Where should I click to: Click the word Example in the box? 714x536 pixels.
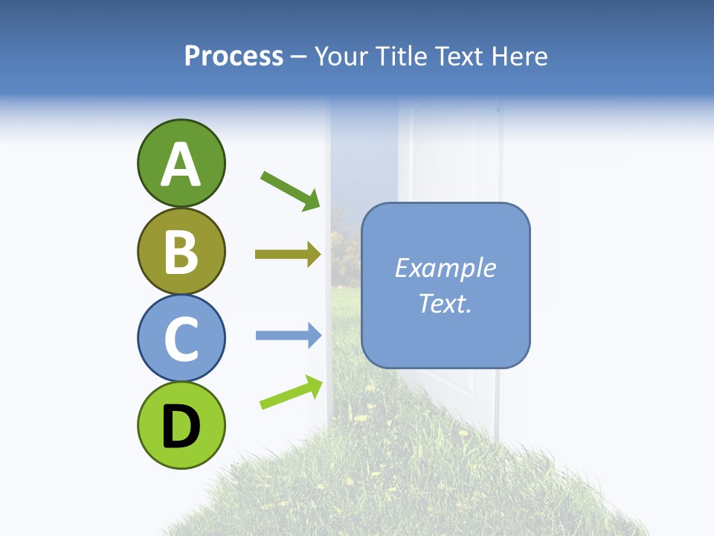point(446,268)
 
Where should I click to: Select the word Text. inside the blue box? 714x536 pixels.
point(446,304)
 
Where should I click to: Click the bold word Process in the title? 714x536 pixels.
point(234,56)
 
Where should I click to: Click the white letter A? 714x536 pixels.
point(181,165)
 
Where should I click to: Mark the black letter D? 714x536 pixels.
point(181,427)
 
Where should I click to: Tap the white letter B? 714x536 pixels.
point(181,252)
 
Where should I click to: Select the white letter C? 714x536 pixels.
point(181,339)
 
